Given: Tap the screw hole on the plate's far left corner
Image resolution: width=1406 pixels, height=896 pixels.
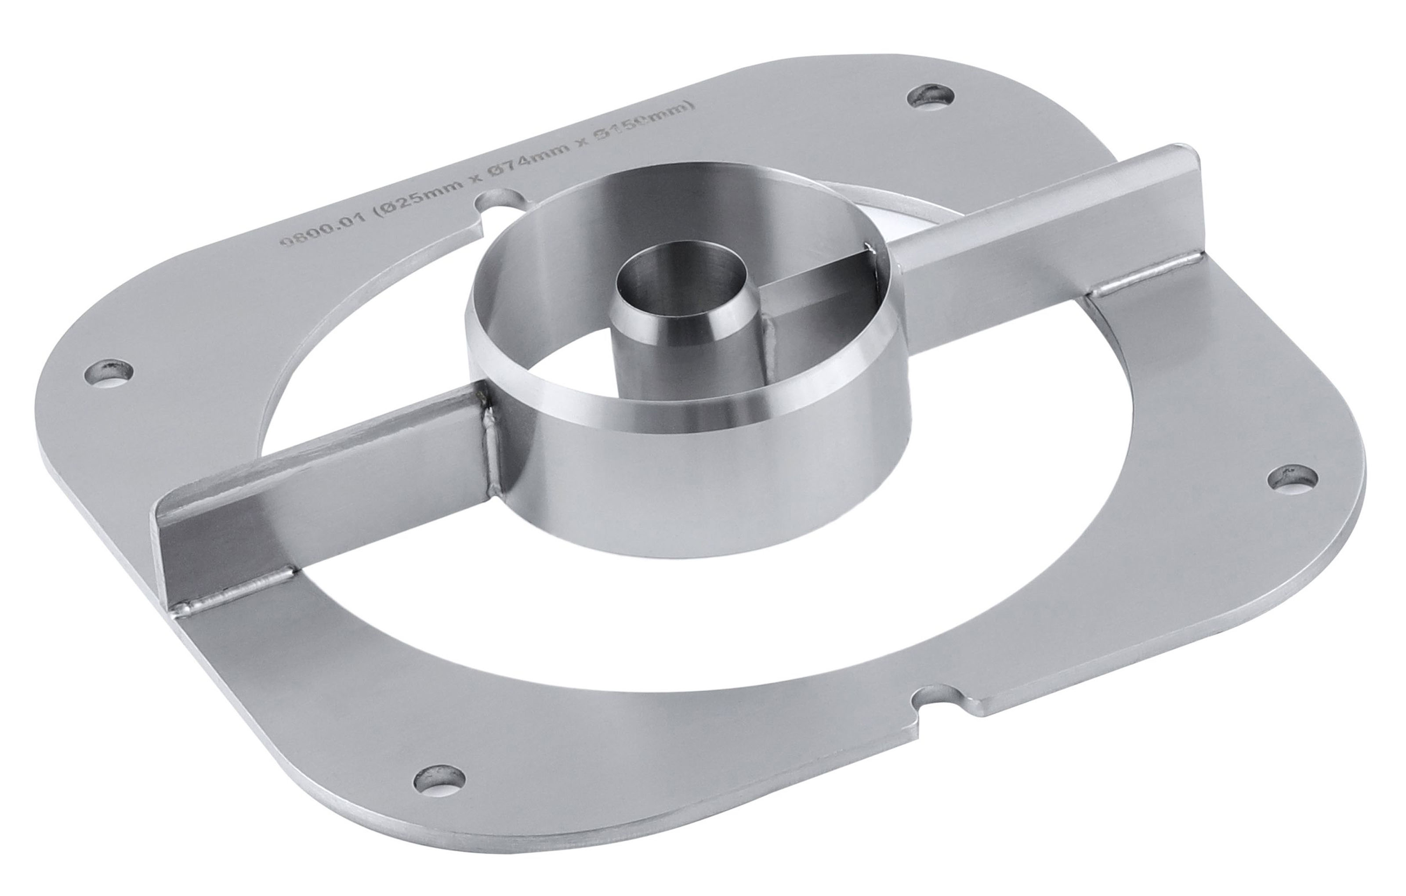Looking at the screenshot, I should point(109,371).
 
